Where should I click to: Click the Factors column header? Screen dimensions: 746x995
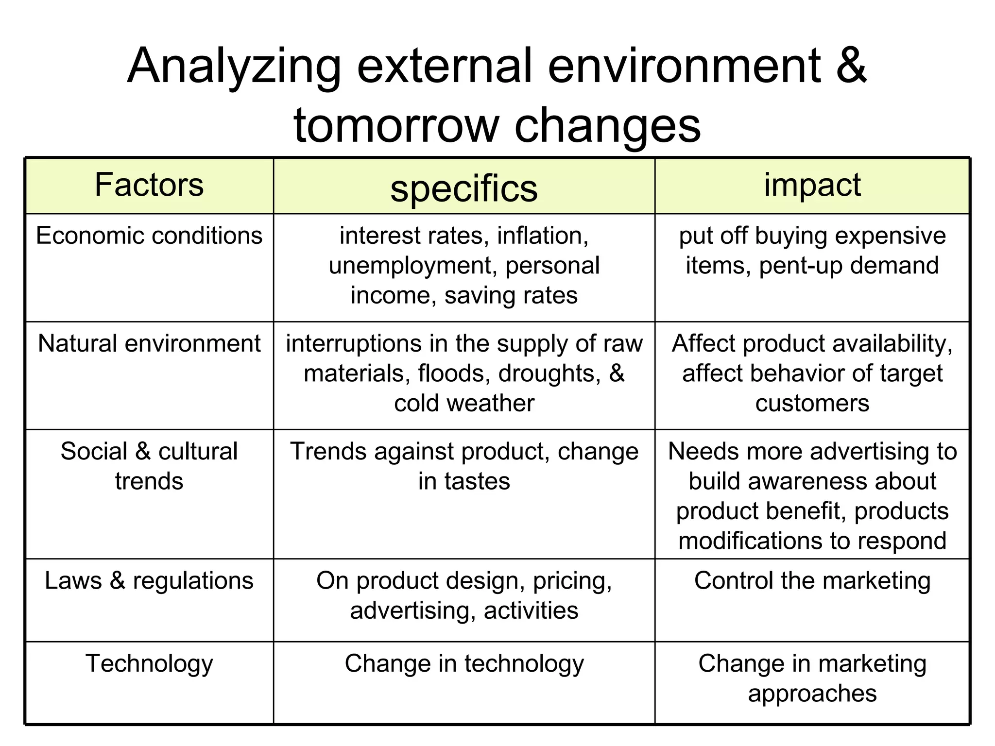149,185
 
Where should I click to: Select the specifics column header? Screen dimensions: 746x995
464,188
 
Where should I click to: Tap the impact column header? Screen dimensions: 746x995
812,185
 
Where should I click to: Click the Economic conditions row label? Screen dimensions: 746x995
149,236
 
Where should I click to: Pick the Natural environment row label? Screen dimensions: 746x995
149,344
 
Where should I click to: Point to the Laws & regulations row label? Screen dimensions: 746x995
149,581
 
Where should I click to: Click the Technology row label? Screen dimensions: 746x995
149,664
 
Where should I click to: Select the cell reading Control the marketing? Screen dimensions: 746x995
812,581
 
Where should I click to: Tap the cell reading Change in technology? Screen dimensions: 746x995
464,664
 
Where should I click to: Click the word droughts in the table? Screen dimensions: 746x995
549,373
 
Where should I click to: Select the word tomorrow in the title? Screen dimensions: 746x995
396,125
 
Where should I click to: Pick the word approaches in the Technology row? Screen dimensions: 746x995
812,694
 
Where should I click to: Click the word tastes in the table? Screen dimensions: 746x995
477,482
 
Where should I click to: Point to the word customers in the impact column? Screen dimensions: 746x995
812,404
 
